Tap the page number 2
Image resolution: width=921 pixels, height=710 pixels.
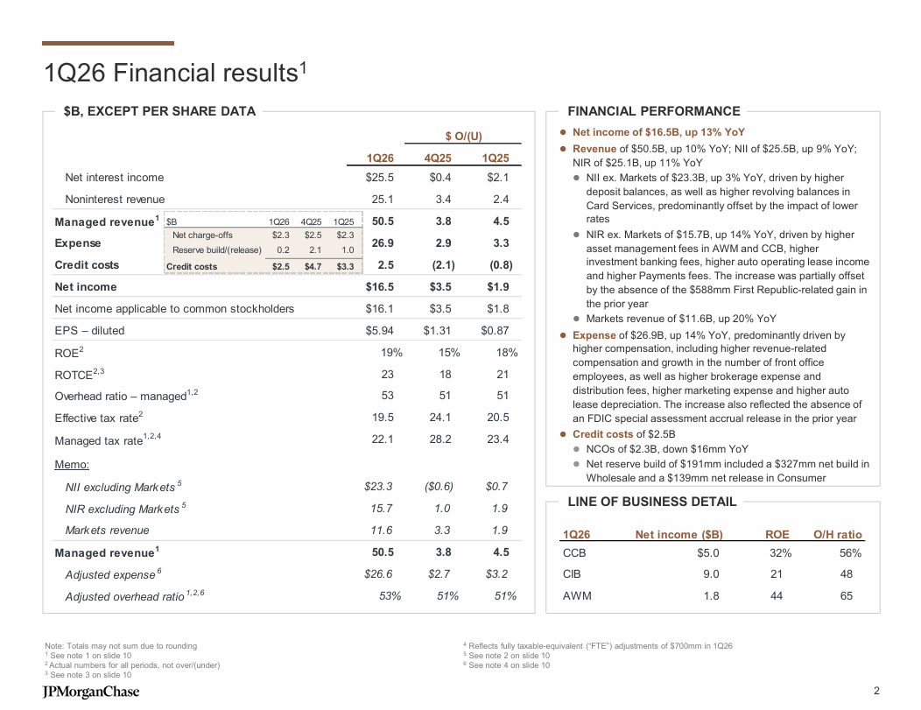[x=876, y=690]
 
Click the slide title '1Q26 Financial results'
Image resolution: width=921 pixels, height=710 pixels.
[x=175, y=73]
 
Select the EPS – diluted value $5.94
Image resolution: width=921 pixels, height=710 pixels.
[x=379, y=330]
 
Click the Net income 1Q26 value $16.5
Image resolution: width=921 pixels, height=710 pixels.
[x=379, y=286]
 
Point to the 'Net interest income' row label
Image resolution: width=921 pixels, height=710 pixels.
[x=115, y=178]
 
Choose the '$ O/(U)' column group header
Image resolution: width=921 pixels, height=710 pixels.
[x=463, y=136]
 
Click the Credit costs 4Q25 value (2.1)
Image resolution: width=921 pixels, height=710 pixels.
[x=438, y=264]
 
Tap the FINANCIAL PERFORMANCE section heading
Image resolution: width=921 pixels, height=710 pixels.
[x=654, y=111]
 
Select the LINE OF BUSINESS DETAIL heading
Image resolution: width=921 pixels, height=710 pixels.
[x=652, y=502]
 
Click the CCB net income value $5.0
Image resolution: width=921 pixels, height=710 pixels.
[x=707, y=553]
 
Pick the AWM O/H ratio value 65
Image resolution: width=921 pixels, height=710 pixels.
[x=846, y=596]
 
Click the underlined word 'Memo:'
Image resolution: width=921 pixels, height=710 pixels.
[x=72, y=464]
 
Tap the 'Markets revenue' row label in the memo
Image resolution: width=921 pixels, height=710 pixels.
[x=107, y=530]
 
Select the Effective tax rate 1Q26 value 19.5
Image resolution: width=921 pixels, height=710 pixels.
[x=383, y=418]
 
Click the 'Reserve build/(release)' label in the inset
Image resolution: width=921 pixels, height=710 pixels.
[x=216, y=250]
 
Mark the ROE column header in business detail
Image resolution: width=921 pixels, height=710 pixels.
[x=777, y=534]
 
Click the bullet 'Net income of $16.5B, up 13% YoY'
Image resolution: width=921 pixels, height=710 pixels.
[x=658, y=132]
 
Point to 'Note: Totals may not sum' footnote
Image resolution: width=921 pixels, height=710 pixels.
[x=120, y=646]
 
